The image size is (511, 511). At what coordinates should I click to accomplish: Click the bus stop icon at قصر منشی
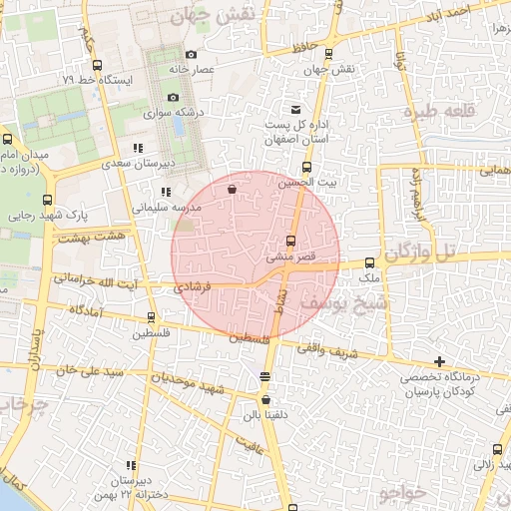tap(290, 241)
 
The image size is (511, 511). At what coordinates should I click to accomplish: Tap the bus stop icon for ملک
tap(369, 261)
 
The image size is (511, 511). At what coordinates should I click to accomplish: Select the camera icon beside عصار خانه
tap(191, 54)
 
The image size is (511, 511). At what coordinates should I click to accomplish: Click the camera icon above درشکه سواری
tap(173, 98)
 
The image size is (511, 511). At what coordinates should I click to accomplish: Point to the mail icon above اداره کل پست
tap(294, 109)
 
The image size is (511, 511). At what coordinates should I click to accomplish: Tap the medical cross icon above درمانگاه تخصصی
tap(439, 361)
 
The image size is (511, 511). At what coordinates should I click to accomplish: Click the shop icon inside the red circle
tap(232, 188)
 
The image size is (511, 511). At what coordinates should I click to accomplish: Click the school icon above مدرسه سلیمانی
tap(166, 192)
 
